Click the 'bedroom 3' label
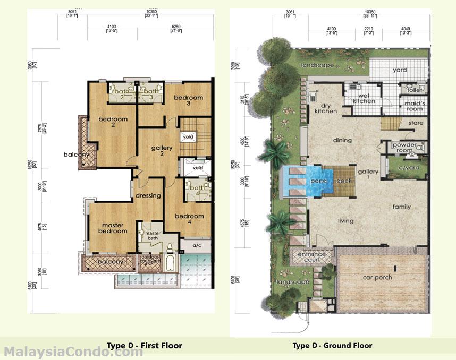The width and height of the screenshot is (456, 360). pos(188,100)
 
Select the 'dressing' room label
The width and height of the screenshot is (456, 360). pos(148,195)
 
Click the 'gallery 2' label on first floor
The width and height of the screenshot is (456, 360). pos(162,151)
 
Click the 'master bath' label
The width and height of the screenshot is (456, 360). pos(153,236)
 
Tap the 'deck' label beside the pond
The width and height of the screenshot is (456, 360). pos(343,181)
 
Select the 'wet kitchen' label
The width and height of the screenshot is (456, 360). pos(364,98)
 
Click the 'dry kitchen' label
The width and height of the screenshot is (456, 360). pos(325,108)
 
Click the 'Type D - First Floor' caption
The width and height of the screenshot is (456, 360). pos(144,346)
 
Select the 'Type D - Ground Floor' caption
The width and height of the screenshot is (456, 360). pos(332,346)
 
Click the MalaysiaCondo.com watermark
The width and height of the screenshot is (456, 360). pos(73,352)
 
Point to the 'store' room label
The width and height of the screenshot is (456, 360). pos(416,123)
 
